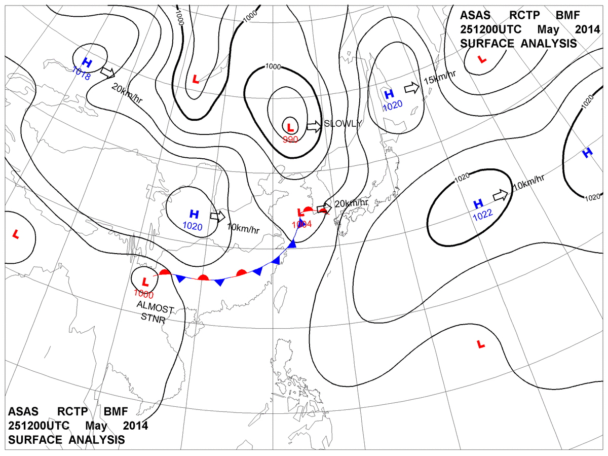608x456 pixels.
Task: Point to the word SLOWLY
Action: point(343,124)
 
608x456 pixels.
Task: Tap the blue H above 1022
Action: point(478,204)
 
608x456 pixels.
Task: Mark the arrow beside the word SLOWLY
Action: point(314,126)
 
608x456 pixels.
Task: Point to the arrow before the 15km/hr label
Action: point(412,88)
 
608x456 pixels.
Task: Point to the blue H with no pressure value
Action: point(587,152)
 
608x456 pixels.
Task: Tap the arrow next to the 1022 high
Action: point(500,195)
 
